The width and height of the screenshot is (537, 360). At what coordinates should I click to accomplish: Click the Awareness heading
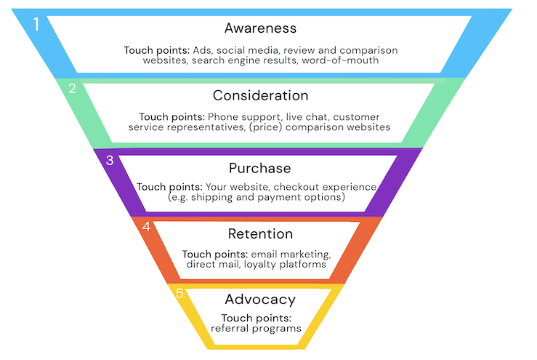(x=260, y=28)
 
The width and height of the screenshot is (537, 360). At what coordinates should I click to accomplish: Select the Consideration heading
(x=260, y=95)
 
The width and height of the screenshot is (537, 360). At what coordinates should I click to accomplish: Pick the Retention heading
(x=260, y=234)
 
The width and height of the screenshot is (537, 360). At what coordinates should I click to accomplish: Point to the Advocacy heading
(x=259, y=299)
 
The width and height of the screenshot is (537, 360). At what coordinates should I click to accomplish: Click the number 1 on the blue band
(x=36, y=24)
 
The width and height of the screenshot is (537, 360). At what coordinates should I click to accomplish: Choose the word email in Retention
(x=263, y=254)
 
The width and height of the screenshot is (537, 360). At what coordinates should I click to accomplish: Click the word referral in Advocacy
(x=228, y=329)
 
